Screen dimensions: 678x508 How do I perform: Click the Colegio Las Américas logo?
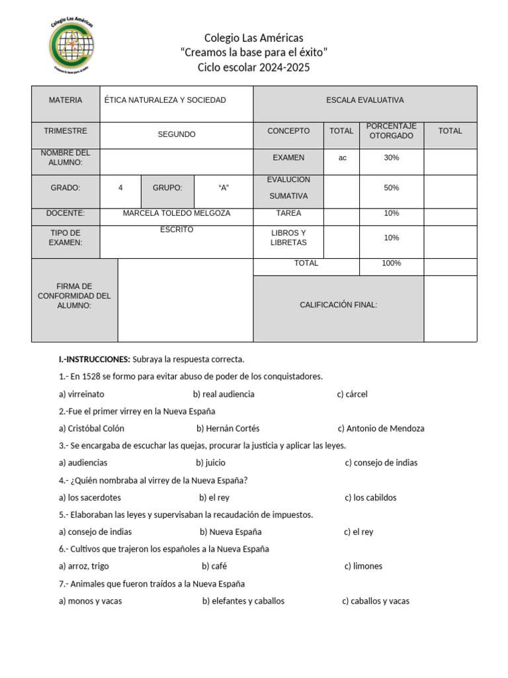(71, 44)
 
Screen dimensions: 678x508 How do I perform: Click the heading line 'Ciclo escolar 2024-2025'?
(253, 68)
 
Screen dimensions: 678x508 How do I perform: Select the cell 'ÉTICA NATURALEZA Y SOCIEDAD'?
(165, 100)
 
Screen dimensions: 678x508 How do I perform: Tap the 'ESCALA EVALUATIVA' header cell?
(364, 100)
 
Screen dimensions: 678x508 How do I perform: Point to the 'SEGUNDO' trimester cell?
(177, 134)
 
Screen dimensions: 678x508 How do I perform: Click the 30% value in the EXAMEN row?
(391, 158)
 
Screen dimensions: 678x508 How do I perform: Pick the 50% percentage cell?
(391, 188)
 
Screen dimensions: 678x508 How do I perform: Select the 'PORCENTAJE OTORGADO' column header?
(391, 131)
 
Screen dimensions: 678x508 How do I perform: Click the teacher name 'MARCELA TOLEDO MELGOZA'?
(177, 213)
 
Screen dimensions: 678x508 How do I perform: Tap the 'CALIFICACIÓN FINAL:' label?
(338, 305)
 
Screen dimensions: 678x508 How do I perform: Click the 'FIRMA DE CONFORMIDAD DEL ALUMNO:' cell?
(74, 296)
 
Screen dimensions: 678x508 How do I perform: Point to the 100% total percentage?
(391, 263)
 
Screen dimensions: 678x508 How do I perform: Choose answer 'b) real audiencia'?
(224, 394)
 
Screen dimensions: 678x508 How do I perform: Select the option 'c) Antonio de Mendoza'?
(381, 428)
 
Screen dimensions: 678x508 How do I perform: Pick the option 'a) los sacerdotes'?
(90, 497)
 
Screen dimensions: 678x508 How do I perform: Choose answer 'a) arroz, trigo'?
(84, 566)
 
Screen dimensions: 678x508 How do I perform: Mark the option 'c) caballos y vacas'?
(376, 601)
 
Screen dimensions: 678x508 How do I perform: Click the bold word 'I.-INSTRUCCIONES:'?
(95, 360)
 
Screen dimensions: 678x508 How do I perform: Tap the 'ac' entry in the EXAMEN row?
(342, 158)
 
